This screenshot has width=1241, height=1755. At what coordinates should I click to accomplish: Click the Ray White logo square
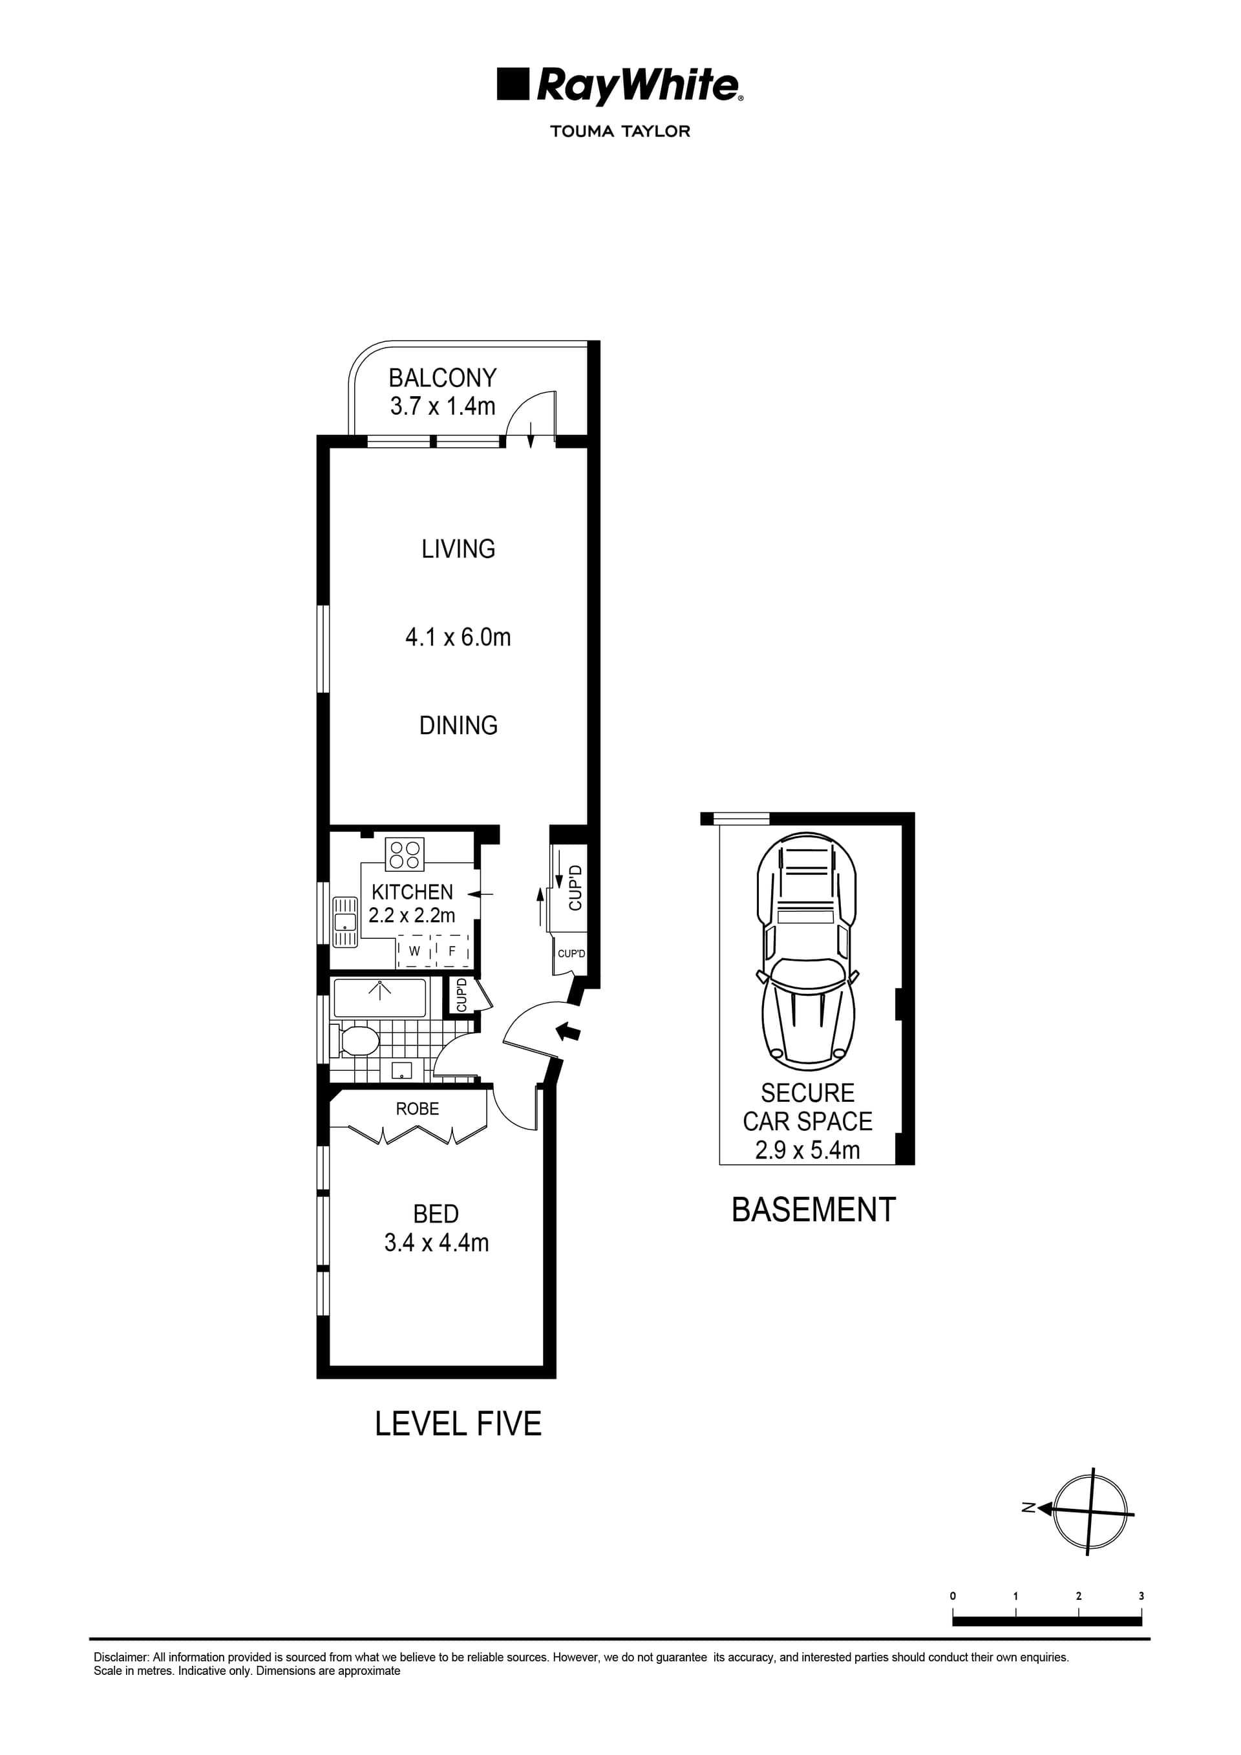[x=513, y=84]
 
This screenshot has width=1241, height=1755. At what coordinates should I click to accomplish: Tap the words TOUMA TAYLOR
[x=619, y=131]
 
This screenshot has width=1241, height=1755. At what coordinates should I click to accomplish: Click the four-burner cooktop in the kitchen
[x=405, y=855]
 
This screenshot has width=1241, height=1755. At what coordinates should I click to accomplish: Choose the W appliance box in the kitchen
[x=414, y=952]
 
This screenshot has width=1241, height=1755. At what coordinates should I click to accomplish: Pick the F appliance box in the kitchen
[x=452, y=952]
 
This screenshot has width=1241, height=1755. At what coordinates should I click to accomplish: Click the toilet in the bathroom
[x=356, y=1041]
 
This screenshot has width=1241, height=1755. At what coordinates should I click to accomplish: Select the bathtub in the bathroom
[x=379, y=998]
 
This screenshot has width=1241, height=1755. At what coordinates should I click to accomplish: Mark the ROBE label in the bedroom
[x=417, y=1108]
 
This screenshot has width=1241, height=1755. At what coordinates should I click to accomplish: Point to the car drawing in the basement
[x=807, y=952]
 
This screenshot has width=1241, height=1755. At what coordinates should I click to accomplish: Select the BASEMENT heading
[x=813, y=1210]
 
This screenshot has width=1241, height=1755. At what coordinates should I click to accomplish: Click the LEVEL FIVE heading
[x=458, y=1424]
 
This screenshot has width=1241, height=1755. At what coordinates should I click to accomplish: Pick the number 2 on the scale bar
[x=1078, y=1596]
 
